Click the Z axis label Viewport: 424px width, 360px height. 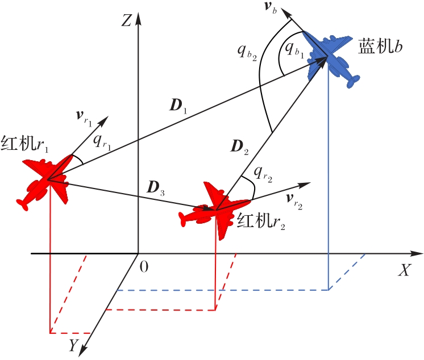tap(127, 21)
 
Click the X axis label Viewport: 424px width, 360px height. tap(404, 270)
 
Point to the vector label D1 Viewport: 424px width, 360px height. tap(177, 106)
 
